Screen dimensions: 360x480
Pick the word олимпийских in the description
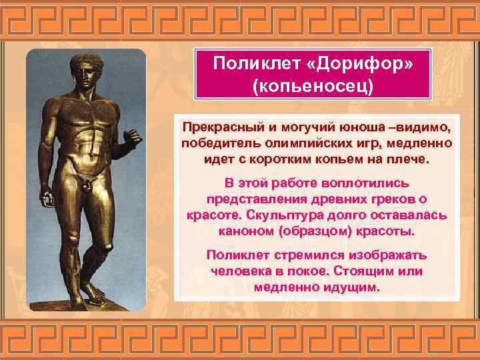pos(294,144)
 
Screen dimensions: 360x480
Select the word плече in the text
pos(413,161)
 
